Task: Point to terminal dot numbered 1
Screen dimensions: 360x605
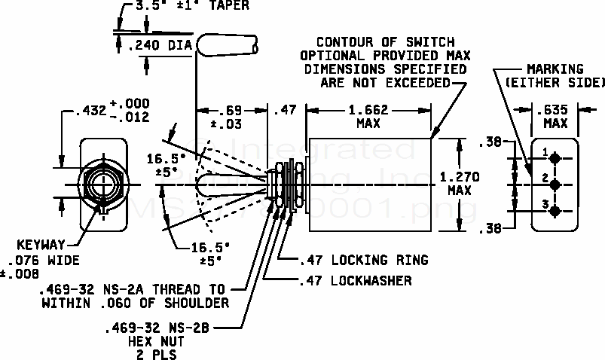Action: point(555,159)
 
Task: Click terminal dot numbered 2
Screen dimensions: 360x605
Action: point(555,183)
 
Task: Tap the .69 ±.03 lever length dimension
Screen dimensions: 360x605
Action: point(231,117)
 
